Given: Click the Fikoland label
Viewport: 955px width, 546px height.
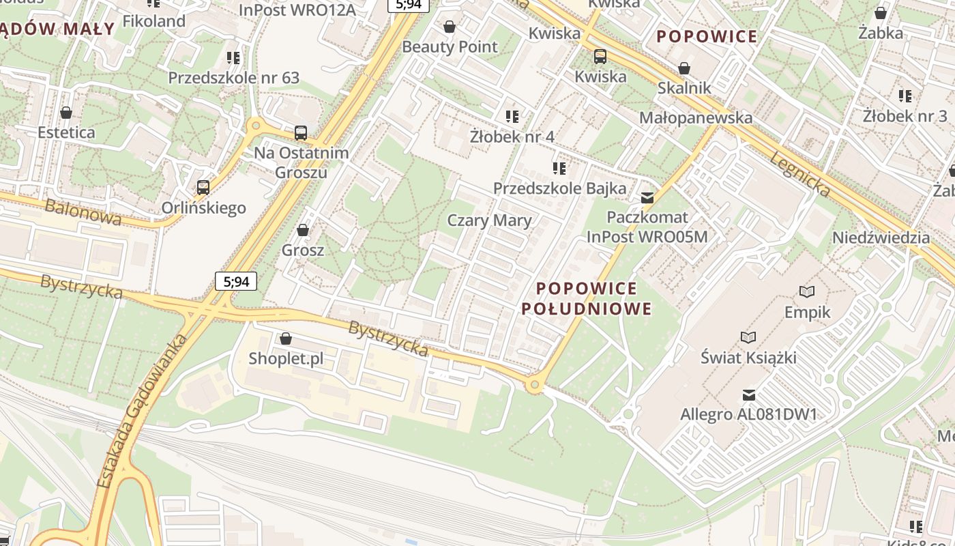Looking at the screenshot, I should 153,21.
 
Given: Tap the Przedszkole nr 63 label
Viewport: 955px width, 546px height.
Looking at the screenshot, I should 233,78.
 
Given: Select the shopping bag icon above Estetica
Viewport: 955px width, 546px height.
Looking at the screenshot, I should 66,113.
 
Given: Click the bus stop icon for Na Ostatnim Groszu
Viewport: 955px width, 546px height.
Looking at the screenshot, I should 301,133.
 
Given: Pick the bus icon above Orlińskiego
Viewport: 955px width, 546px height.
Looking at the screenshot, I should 203,187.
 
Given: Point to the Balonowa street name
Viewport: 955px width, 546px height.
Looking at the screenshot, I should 83,212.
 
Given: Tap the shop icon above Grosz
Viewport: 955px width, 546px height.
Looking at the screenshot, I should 303,230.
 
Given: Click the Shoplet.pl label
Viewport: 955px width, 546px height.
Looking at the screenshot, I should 286,358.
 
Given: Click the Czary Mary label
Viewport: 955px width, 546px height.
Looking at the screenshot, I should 488,220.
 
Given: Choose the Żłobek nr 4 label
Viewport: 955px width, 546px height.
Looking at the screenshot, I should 512,136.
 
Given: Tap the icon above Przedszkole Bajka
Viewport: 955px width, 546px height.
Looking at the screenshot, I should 559,168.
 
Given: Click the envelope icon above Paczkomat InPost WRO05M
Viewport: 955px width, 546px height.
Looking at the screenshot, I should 647,198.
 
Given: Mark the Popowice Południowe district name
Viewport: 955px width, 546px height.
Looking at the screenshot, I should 587,299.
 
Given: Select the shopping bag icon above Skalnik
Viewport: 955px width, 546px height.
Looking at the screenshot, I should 684,68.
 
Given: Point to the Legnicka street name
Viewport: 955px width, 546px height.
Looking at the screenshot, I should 800,174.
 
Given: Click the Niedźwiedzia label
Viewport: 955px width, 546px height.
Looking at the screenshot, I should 881,238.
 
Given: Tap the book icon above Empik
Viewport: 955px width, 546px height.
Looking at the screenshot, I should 807,292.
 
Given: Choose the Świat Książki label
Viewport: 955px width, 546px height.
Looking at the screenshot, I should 748,357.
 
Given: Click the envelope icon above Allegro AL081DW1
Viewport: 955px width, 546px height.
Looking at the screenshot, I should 749,394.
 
